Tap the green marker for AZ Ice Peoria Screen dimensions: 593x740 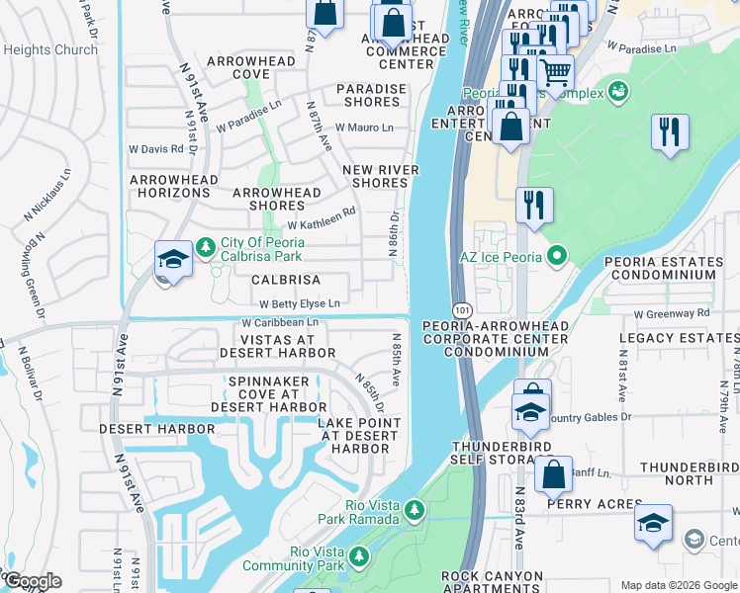point(556,258)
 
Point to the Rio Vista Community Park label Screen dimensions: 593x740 point(318,558)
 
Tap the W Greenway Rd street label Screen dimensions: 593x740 point(673,313)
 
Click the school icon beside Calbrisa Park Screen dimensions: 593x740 point(173,260)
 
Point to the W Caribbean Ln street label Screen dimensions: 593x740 point(280,322)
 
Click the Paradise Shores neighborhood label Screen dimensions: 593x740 point(371,96)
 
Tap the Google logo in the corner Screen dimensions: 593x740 point(33,581)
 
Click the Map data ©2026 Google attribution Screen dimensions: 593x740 point(678,585)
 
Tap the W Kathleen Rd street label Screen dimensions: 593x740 point(321,224)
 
